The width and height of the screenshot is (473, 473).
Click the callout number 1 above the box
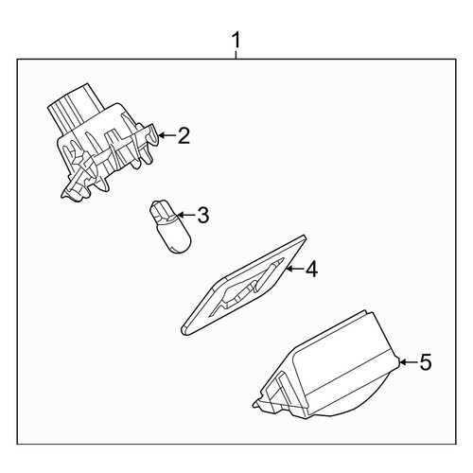236,41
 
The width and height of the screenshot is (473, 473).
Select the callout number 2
184,135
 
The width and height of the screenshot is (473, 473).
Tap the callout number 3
202,215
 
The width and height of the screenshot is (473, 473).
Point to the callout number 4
311,269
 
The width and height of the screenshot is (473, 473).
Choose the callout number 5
425,361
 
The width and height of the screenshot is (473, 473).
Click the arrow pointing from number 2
166,135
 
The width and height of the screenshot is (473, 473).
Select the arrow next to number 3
186,215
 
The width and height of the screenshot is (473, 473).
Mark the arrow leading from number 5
408,361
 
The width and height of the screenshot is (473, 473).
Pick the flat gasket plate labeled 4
243,285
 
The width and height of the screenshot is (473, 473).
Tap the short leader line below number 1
236,55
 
